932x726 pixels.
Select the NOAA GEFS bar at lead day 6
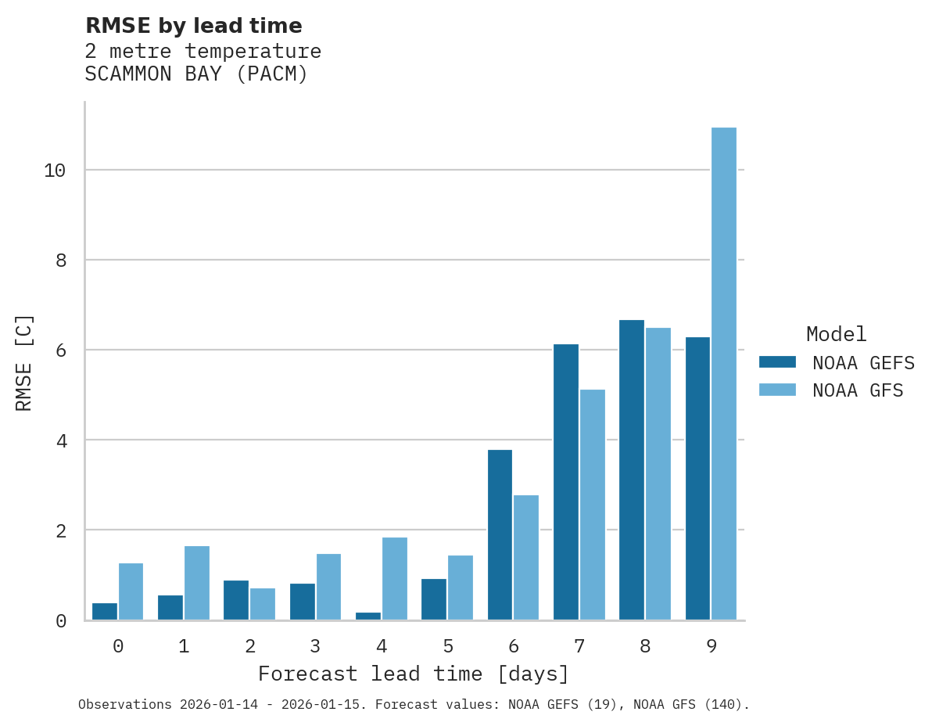point(500,535)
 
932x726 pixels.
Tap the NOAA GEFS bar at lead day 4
point(368,616)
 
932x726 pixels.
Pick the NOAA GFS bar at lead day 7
point(593,505)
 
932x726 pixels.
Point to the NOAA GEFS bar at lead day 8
point(632,470)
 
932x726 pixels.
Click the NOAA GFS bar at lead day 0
point(131,591)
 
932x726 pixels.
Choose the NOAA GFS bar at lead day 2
point(263,604)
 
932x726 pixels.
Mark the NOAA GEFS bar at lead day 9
point(697,479)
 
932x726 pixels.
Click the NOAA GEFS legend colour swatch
point(777,362)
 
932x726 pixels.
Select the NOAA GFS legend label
point(858,390)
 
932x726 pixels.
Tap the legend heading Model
point(836,334)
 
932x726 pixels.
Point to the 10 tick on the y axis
point(55,171)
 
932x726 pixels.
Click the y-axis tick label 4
point(61,440)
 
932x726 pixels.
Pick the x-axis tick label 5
point(447,646)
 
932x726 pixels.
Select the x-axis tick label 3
point(315,646)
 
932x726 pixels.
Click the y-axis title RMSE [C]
point(24,362)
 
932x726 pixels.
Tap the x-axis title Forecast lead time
point(414,674)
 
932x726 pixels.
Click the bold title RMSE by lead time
point(193,26)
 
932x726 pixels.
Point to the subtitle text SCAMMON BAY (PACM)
point(196,74)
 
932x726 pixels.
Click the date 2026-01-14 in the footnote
point(217,705)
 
